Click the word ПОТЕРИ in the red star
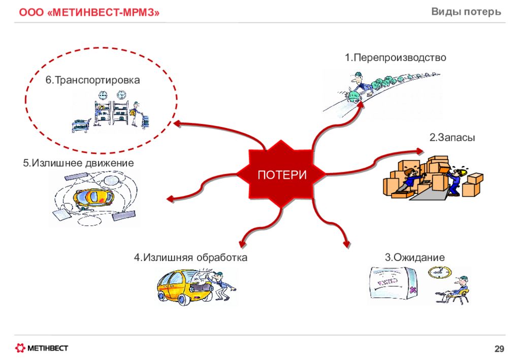click(282, 175)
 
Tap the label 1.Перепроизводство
click(395, 58)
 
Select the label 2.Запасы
click(452, 137)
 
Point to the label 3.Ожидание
click(414, 257)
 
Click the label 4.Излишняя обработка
click(191, 257)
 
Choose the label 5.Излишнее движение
click(78, 163)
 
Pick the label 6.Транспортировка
click(92, 80)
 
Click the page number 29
click(499, 349)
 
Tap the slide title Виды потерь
click(466, 12)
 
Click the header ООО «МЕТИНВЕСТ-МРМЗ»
click(89, 12)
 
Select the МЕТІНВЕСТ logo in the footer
click(42, 348)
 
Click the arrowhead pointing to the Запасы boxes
click(419, 151)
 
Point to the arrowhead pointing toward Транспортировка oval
click(177, 124)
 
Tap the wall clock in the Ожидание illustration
click(440, 272)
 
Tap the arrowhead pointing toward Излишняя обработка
click(244, 244)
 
